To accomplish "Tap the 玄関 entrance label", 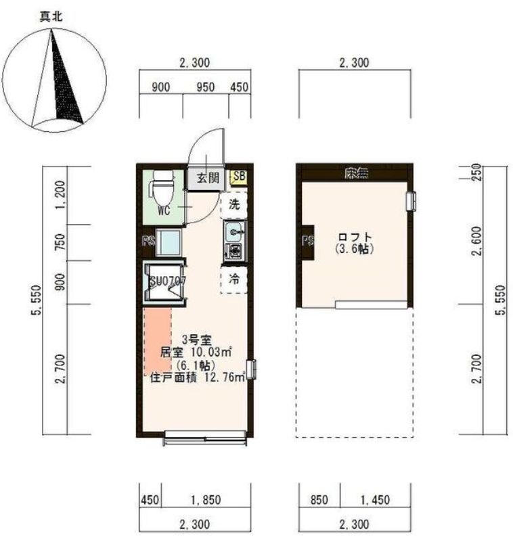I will point(207,178).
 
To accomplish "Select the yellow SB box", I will point(239,177).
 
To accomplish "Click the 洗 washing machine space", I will point(233,204).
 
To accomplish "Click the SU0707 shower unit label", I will point(164,280).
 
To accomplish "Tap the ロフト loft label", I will point(355,237).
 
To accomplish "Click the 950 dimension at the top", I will point(205,87).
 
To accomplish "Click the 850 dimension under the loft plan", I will point(318,500).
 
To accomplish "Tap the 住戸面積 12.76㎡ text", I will point(197,378).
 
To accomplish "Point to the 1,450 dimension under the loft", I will point(376,500).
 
